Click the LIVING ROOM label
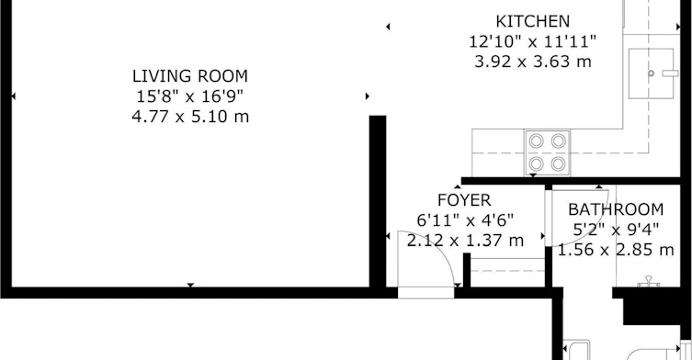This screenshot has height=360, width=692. click(190, 76)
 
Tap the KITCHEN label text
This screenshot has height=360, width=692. click(533, 21)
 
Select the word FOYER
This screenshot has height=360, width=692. click(464, 200)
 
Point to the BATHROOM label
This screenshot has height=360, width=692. click(616, 209)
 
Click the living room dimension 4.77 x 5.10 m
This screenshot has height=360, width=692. click(190, 117)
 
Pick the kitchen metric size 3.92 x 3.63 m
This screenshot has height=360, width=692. click(533, 62)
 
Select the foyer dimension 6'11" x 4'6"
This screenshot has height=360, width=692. click(465, 219)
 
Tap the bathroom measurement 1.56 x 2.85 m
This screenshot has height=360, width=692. click(616, 250)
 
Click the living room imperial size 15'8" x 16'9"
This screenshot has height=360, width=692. click(190, 96)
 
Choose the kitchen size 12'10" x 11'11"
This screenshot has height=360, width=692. click(533, 41)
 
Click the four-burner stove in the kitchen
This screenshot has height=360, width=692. click(547, 152)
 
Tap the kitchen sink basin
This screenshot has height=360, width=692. click(651, 73)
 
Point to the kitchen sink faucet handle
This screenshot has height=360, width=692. click(670, 73)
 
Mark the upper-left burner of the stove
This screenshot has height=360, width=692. click(536, 141)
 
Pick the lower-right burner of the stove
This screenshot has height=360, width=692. click(558, 164)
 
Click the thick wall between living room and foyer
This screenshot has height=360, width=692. click(378, 204)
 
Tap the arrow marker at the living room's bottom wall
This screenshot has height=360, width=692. click(190, 285)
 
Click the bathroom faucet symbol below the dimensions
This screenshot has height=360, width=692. click(648, 282)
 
